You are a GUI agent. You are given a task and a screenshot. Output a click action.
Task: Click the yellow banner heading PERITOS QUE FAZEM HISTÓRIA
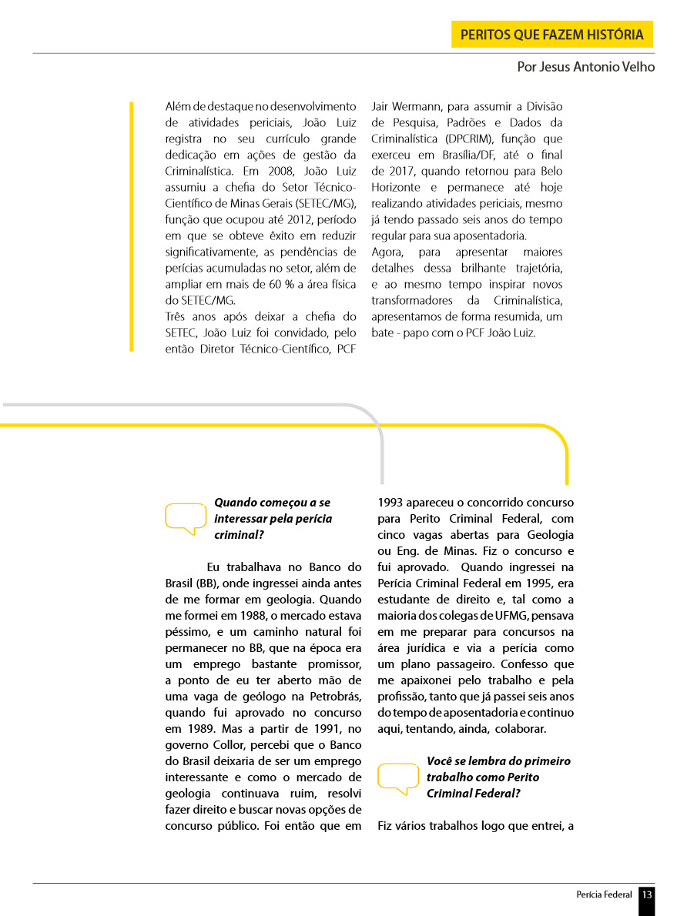point(551,35)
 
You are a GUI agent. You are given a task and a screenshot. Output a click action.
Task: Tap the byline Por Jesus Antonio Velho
point(586,67)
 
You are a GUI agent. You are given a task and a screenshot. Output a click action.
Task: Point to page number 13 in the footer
point(647,894)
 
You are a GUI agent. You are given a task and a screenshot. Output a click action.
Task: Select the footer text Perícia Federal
point(604,894)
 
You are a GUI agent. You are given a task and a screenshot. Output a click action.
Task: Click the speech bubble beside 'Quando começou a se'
point(186,518)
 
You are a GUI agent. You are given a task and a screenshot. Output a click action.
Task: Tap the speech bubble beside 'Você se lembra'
point(398,777)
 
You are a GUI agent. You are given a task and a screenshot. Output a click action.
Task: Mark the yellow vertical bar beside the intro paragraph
point(132,226)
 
